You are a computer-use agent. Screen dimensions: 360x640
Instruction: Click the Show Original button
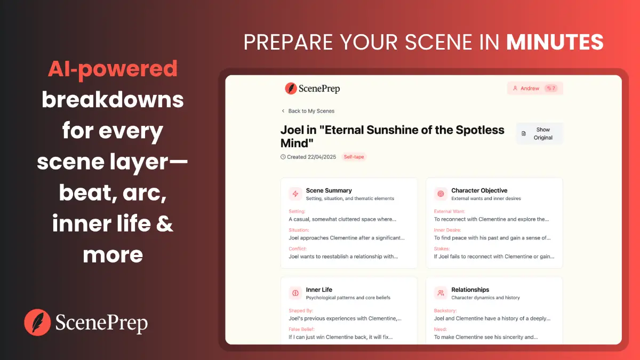click(539, 133)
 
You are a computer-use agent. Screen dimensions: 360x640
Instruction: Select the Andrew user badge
click(534, 89)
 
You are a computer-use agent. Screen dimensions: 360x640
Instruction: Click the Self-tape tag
click(354, 157)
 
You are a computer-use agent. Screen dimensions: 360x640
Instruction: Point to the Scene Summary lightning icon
click(295, 194)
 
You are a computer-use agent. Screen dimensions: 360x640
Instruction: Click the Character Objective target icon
click(441, 194)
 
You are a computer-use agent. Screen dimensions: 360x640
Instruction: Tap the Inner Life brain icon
click(295, 293)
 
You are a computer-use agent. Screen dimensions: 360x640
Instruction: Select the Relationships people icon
click(441, 293)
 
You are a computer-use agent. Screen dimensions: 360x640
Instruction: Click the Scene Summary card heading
click(329, 190)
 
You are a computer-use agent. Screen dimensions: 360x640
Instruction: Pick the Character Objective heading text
click(479, 190)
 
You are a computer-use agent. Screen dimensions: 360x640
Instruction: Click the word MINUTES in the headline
click(555, 42)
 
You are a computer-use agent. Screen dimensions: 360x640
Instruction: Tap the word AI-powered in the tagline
click(113, 69)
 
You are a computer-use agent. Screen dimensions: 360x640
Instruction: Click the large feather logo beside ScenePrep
click(37, 323)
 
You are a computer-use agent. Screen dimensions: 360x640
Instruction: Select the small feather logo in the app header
click(291, 89)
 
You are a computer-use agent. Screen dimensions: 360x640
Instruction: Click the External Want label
click(449, 211)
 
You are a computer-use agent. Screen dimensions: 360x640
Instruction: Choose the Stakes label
click(442, 249)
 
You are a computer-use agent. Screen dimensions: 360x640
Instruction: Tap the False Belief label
click(302, 329)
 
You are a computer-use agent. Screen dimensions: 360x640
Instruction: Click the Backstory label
click(445, 310)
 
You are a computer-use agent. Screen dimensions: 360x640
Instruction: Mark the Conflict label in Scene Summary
click(298, 249)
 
